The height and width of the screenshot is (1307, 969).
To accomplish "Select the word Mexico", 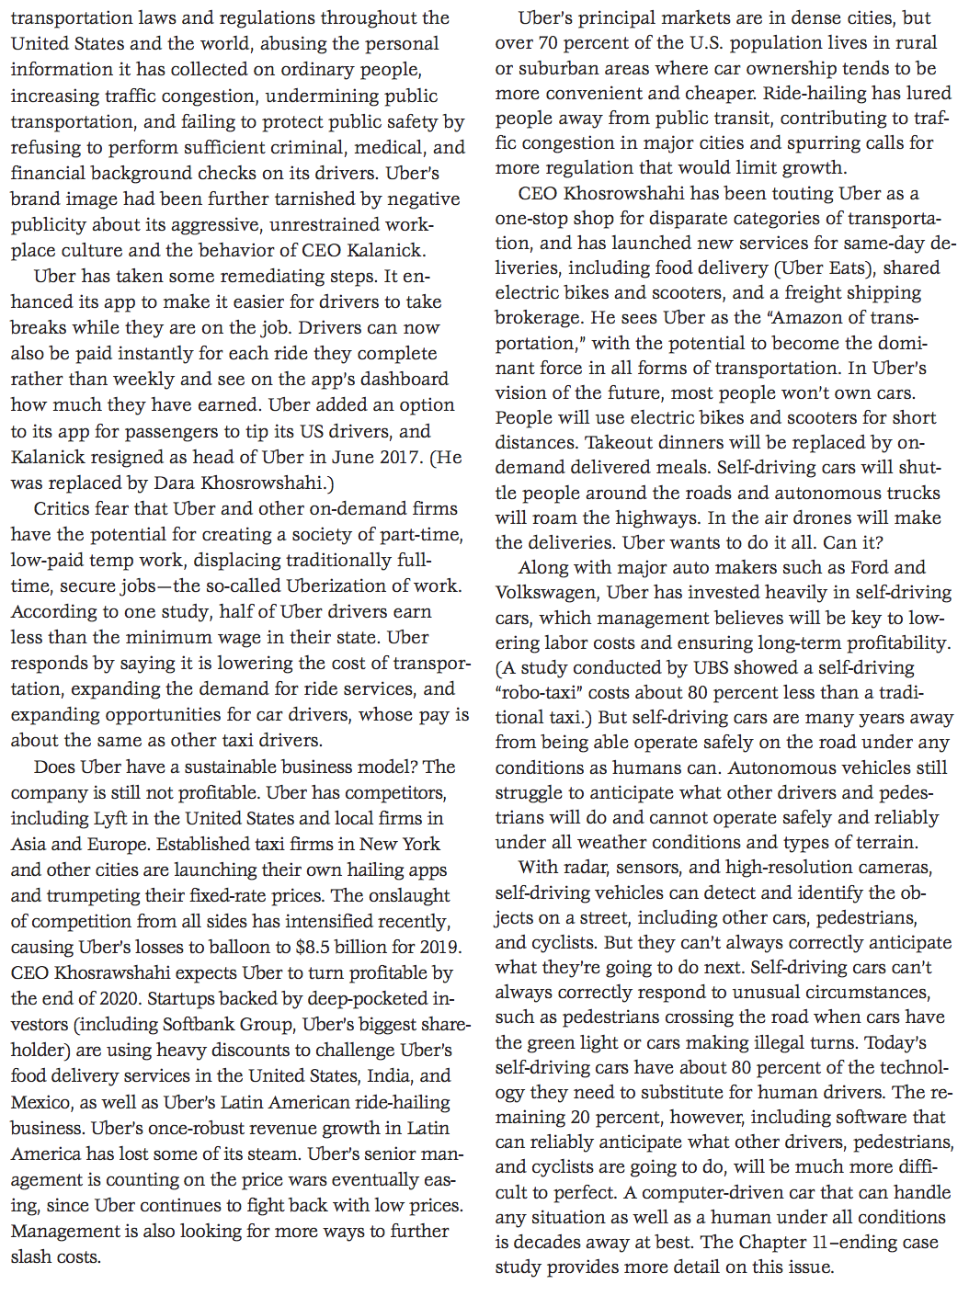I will click(40, 1102).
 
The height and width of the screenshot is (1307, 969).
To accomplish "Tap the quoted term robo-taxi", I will click(540, 693).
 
